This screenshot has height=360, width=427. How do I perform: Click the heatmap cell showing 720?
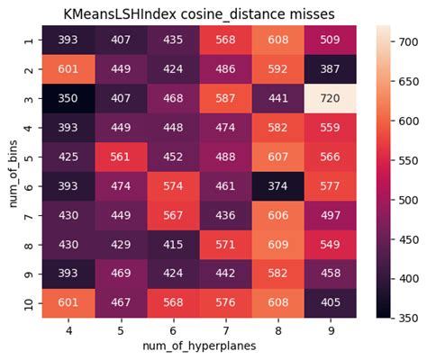tap(330, 98)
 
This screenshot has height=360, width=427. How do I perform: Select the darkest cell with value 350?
tap(68, 98)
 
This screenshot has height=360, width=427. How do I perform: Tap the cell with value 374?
tap(277, 186)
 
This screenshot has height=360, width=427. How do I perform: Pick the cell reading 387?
tap(330, 69)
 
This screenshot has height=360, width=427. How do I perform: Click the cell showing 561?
tap(121, 157)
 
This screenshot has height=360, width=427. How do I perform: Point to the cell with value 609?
tap(277, 245)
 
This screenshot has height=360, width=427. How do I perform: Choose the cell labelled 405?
tap(330, 302)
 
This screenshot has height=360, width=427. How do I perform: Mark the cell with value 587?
tap(225, 98)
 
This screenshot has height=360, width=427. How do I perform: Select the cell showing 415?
tap(173, 245)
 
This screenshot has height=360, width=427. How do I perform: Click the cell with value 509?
tap(330, 40)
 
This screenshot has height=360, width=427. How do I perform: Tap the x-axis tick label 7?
tap(226, 330)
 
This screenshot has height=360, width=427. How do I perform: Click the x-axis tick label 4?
tap(68, 330)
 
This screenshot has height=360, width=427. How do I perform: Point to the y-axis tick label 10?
tap(29, 303)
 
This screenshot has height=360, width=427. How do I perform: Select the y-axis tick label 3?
tap(29, 98)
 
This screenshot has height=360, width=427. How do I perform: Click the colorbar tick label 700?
tap(408, 42)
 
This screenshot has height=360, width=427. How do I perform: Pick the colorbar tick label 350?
tap(408, 318)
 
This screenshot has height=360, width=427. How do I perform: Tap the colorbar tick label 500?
tap(408, 200)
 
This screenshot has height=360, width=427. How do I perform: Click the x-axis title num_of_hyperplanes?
tap(199, 346)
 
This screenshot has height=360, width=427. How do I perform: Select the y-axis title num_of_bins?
tap(13, 174)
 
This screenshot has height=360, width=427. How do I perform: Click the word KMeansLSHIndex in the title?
tap(120, 14)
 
